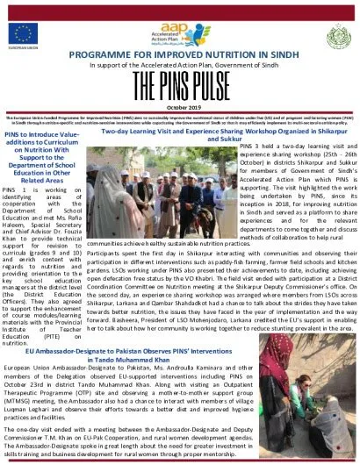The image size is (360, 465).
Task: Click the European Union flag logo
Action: [x=22, y=34]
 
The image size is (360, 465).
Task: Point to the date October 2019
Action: [x=179, y=105]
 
